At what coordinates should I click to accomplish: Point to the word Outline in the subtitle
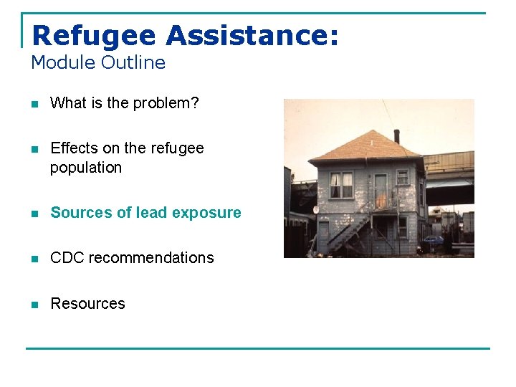click(x=133, y=62)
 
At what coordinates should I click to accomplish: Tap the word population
click(x=86, y=168)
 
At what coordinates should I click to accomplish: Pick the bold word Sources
click(x=80, y=213)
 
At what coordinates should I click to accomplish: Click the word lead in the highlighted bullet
click(x=141, y=213)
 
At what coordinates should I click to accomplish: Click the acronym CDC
click(x=66, y=258)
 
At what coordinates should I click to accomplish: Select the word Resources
click(x=87, y=304)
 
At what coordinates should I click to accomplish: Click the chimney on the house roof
click(x=396, y=135)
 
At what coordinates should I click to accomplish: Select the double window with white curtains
click(x=341, y=186)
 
